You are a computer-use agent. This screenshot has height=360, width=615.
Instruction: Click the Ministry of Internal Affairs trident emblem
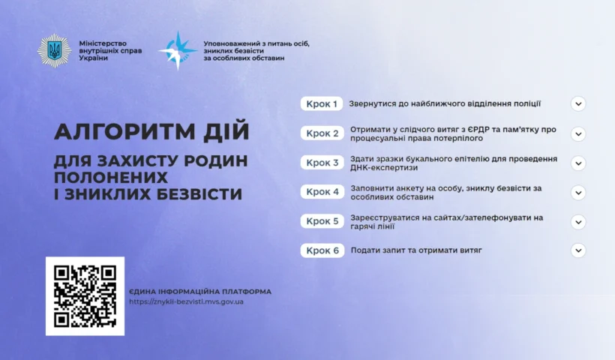pyautogui.click(x=54, y=50)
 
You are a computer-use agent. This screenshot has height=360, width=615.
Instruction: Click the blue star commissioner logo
pyautogui.click(x=177, y=50)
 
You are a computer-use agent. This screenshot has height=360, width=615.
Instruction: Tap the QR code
pyautogui.click(x=85, y=295)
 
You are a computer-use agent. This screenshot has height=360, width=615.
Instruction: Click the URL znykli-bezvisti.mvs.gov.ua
pyautogui.click(x=186, y=301)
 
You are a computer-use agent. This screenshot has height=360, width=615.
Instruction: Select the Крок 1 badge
pyautogui.click(x=322, y=104)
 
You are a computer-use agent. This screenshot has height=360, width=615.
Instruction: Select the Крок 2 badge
pyautogui.click(x=322, y=133)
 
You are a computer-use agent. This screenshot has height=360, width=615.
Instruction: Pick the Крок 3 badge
pyautogui.click(x=322, y=163)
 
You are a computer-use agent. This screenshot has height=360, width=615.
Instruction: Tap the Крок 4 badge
pyautogui.click(x=322, y=192)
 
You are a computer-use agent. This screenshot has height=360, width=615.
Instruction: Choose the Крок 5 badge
pyautogui.click(x=322, y=221)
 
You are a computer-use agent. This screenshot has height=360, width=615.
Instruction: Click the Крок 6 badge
pyautogui.click(x=322, y=250)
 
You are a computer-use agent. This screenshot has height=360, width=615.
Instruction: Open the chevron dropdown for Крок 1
pyautogui.click(x=577, y=104)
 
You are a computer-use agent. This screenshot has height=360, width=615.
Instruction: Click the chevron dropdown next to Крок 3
pyautogui.click(x=577, y=163)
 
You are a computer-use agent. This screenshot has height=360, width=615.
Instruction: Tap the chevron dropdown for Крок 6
pyautogui.click(x=577, y=250)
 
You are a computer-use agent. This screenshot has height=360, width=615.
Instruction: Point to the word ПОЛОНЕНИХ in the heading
pyautogui.click(x=110, y=178)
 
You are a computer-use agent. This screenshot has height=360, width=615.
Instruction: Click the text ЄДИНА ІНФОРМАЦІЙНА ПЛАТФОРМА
pyautogui.click(x=200, y=291)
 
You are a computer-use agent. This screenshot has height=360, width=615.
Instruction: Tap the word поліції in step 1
pyautogui.click(x=523, y=104)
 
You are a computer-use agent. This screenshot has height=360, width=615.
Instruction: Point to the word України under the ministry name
pyautogui.click(x=93, y=58)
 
